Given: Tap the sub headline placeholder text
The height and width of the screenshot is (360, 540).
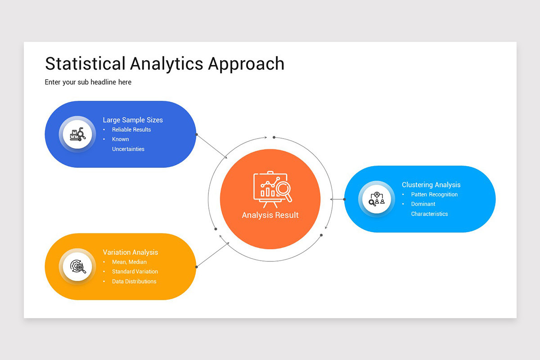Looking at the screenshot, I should [x=88, y=82].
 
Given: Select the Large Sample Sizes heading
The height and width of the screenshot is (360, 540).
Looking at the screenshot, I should [x=133, y=120].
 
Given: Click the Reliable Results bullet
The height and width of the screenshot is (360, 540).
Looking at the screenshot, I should [x=131, y=130].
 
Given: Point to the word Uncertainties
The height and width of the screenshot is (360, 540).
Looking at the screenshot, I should [x=128, y=149].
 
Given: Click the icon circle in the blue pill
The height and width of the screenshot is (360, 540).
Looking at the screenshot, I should [x=77, y=134].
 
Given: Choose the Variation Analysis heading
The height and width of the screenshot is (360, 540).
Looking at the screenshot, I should [x=130, y=252].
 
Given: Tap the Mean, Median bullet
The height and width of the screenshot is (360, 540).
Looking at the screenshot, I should [x=129, y=262].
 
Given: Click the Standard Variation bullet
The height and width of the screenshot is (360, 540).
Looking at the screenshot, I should [x=135, y=271].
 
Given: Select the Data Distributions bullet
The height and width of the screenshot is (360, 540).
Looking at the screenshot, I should [x=134, y=281].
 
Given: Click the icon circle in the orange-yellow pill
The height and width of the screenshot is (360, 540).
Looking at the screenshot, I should [x=77, y=266].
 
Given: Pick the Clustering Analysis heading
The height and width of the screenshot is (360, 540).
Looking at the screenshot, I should [x=431, y=184].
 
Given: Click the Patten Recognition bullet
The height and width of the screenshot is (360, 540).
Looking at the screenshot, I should [x=434, y=194].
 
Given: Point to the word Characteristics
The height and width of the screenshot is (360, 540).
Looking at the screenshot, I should [x=429, y=214].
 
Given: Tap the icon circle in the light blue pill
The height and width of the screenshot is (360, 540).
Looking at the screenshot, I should [x=377, y=199].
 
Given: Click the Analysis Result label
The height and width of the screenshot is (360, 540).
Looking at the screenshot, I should [x=270, y=215].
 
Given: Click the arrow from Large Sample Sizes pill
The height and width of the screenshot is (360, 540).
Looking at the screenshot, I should [x=212, y=146].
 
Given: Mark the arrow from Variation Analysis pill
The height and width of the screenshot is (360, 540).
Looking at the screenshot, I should [x=213, y=254].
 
